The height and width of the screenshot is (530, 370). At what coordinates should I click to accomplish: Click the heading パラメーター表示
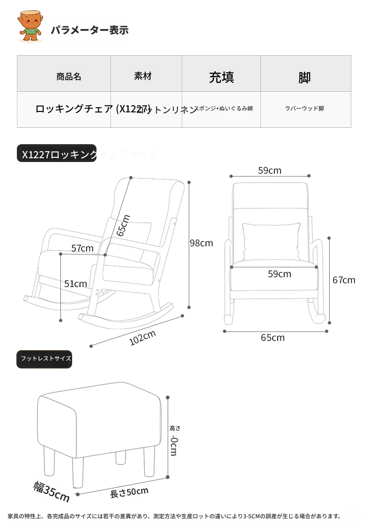point(89,30)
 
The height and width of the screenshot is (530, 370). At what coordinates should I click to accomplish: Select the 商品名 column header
point(68,76)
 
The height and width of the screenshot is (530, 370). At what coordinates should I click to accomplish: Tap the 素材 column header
point(143,76)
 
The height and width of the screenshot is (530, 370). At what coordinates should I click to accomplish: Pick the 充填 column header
point(221,77)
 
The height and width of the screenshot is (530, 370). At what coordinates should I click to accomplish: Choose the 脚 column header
point(304,77)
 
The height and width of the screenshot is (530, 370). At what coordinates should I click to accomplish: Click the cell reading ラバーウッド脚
point(304,109)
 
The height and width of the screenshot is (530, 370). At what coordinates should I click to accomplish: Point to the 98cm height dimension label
point(201,243)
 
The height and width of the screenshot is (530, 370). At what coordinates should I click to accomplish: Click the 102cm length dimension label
point(142,338)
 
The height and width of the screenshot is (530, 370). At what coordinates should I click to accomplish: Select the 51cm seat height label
point(75,284)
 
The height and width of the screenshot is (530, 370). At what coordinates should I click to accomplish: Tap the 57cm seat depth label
point(82,248)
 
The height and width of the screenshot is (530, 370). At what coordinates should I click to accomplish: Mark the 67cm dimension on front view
point(344,280)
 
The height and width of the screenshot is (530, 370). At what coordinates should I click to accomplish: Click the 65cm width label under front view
point(273,338)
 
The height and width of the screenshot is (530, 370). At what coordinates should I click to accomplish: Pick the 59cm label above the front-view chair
point(270,170)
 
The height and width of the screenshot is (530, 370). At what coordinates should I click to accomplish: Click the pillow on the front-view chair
point(271,241)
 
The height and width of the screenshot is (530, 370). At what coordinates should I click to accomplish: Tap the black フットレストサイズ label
point(45,359)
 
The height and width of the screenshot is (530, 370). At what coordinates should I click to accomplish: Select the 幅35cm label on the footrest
point(52,491)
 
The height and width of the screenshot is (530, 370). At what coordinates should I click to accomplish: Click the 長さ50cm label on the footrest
point(129,492)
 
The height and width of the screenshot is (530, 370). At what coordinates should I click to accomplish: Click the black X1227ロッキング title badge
point(57,154)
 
